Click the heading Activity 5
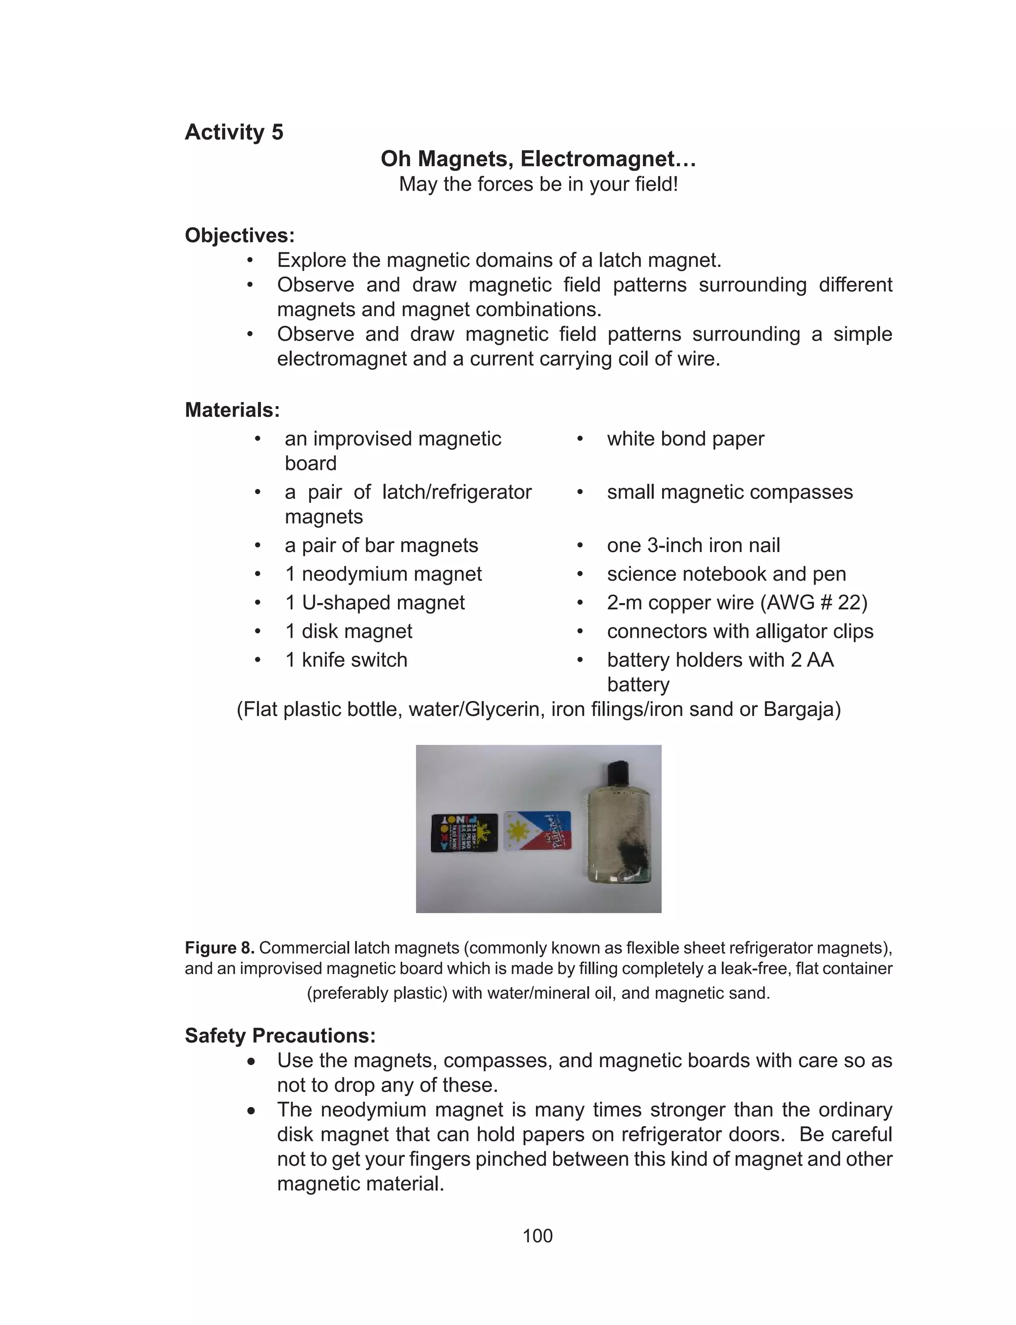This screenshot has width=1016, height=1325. (234, 132)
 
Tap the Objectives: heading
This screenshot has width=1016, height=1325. (240, 235)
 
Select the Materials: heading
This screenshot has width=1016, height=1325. (232, 410)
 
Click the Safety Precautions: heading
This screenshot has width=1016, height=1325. (280, 1035)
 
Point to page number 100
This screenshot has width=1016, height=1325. (537, 1236)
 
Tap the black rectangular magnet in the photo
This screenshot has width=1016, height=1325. (464, 833)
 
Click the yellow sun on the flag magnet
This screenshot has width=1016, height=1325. (518, 832)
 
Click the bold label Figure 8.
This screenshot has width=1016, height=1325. (220, 948)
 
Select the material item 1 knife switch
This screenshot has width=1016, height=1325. (346, 659)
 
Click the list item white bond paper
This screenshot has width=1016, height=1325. (685, 439)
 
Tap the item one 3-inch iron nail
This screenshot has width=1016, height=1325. (693, 545)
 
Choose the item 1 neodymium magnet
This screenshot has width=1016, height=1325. (383, 573)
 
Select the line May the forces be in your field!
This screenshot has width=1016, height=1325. (538, 184)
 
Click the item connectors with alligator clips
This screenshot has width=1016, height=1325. (740, 631)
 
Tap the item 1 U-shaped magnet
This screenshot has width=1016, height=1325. (375, 603)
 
